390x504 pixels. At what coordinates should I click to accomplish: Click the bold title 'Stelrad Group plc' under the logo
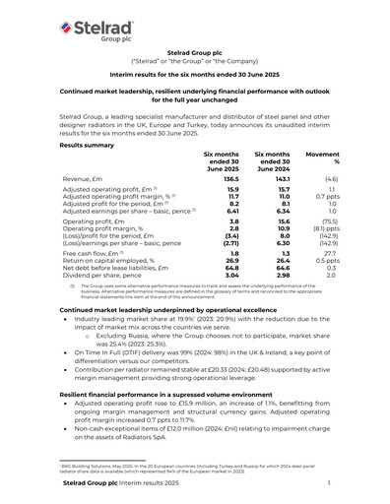tap(194, 59)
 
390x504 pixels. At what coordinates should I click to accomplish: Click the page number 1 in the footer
tap(328, 484)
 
